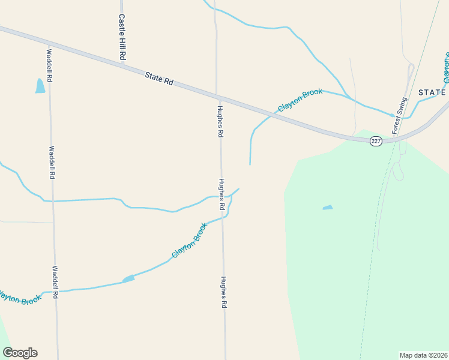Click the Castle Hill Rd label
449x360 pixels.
coord(122,37)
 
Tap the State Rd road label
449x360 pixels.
coord(159,79)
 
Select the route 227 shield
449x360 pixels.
coord(376,141)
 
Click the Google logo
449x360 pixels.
coord(20,353)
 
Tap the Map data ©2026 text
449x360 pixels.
coord(423,355)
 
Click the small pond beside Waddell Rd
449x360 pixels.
coord(40,86)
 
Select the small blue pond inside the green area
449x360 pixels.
coord(328,208)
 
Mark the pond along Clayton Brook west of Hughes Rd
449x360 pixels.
coord(128,279)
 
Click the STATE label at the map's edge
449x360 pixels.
coord(432,92)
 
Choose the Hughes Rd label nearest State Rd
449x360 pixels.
coord(220,122)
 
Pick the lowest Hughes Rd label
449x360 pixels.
coord(223,292)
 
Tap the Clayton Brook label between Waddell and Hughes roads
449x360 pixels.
coord(189,241)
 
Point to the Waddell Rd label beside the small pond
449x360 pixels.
coord(49,66)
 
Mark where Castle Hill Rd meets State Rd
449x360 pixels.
coord(124,64)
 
